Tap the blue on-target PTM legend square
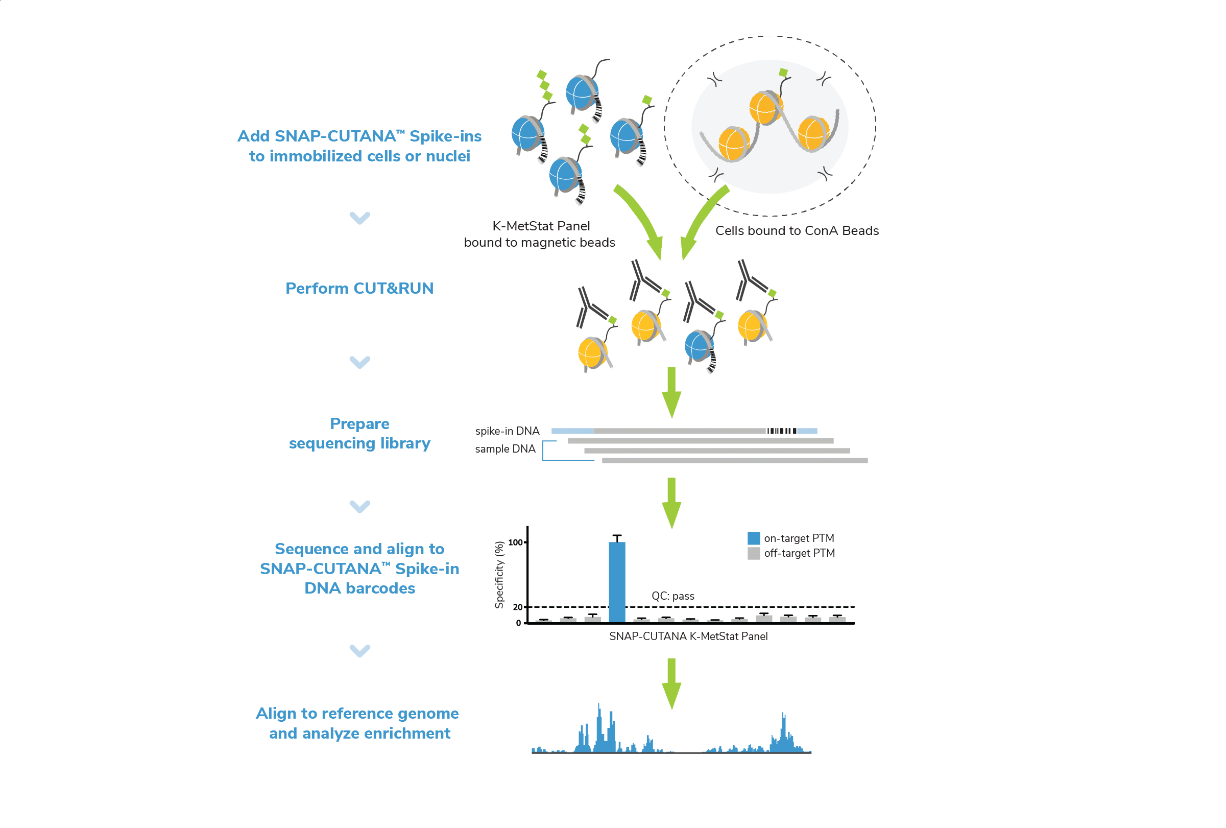point(753,538)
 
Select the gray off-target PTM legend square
point(753,553)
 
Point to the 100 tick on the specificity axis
point(515,542)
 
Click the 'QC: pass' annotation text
point(672,596)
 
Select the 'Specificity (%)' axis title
point(499,575)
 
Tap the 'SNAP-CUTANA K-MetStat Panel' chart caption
point(688,636)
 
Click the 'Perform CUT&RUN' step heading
point(359,288)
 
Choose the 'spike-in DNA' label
point(507,431)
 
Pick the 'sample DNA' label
point(505,448)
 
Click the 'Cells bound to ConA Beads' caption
point(797,230)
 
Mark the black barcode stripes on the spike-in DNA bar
point(781,431)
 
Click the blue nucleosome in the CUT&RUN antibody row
point(699,346)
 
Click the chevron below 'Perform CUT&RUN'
point(360,362)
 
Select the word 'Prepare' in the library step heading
point(359,424)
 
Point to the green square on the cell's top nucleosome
point(783,73)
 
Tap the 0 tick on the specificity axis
point(518,623)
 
